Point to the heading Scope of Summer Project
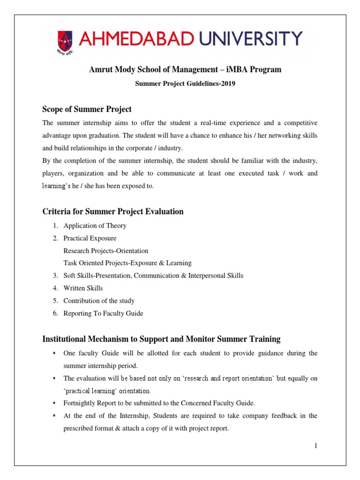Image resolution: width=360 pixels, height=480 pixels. tap(87, 109)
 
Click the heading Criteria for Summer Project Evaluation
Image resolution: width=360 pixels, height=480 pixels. tap(113, 211)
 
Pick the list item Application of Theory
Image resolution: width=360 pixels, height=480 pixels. tap(95, 225)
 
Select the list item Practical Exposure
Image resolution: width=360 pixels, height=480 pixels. tap(90, 238)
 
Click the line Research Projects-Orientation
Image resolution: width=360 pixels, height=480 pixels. tap(106, 251)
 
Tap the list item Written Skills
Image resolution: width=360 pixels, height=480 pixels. tap(83, 288)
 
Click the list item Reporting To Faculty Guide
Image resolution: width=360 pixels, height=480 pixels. tap(104, 313)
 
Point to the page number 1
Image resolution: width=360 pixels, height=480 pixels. tap(316, 445)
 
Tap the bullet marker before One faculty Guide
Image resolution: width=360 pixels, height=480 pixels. tap(55, 353)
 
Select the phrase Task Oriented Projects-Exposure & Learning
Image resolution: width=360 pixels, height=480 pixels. tap(127, 263)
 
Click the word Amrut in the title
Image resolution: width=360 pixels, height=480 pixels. tap(100, 70)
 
